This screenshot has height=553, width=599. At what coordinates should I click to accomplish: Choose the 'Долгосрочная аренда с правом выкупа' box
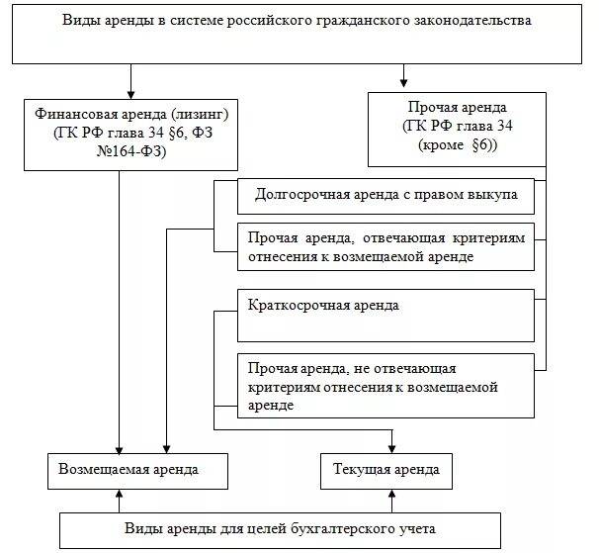385,196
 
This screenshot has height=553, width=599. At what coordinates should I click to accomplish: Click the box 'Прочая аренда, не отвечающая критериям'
385,385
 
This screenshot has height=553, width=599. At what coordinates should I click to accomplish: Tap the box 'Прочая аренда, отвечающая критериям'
385,247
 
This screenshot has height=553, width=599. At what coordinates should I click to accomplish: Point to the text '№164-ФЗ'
120,153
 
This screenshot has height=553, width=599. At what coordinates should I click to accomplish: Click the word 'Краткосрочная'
294,306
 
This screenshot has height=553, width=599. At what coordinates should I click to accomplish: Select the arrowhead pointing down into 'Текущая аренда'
392,446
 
